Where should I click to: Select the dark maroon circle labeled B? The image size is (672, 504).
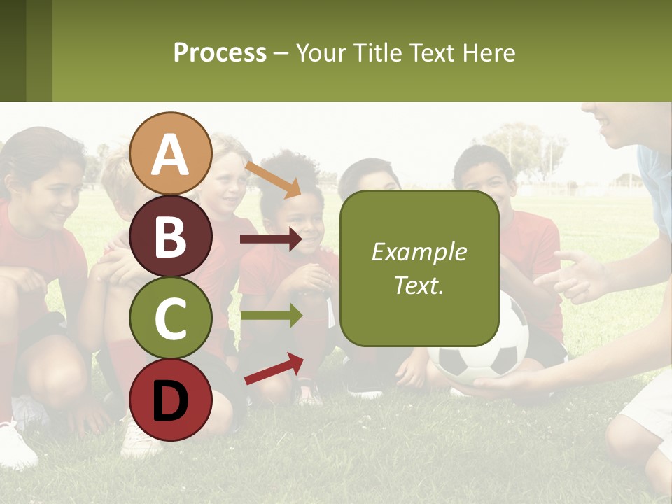click(171, 236)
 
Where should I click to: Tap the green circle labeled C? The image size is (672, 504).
click(171, 318)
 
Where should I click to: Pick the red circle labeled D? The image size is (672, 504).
click(171, 400)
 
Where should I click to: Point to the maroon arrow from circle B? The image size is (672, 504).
click(270, 239)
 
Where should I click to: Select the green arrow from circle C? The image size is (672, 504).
click(270, 315)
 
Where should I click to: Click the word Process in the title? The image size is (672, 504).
click(220, 52)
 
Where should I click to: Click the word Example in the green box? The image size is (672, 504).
click(419, 252)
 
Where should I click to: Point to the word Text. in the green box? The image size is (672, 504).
click(419, 286)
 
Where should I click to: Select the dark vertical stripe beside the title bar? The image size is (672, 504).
click(13, 50)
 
